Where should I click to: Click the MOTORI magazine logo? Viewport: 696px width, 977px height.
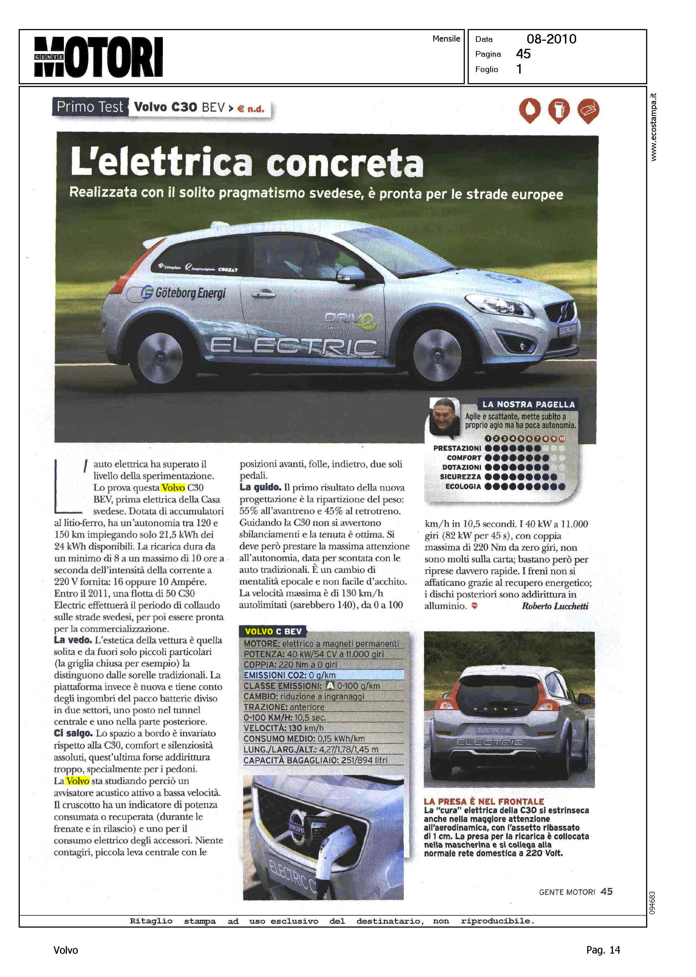point(98,57)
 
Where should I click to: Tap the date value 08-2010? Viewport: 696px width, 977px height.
point(551,39)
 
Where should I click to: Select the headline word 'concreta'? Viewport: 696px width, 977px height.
point(345,163)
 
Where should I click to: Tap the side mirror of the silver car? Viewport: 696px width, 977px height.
point(350,273)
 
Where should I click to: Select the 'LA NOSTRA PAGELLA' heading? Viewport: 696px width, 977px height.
point(528,404)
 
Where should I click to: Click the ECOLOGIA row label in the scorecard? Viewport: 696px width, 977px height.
point(463,487)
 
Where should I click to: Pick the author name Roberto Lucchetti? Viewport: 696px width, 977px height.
point(555,606)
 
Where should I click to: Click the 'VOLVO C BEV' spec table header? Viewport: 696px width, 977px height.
point(273,631)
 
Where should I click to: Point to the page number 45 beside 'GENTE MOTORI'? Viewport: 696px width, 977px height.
point(606,891)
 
